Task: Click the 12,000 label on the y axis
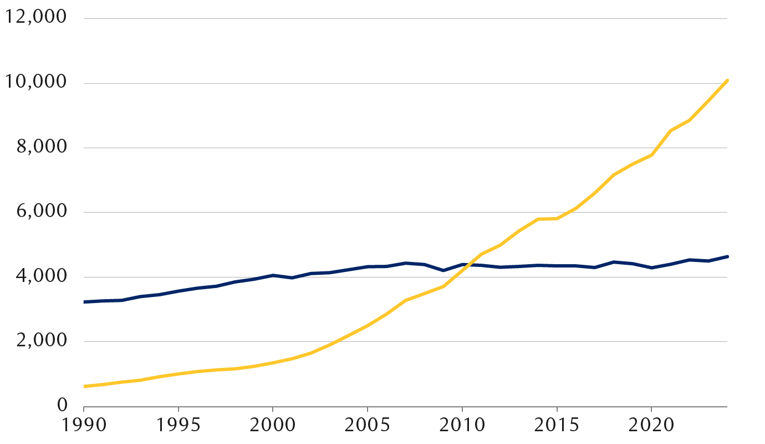[35, 18]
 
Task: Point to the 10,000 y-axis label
[35, 83]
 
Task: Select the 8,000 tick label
[39, 148]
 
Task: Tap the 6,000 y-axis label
[39, 212]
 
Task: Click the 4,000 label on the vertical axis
[39, 277]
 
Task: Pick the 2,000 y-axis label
[39, 341]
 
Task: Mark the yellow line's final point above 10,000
[727, 80]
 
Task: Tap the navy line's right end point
[727, 256]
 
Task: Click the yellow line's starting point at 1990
[84, 386]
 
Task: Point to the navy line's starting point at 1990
[84, 302]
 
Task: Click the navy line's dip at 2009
[443, 270]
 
